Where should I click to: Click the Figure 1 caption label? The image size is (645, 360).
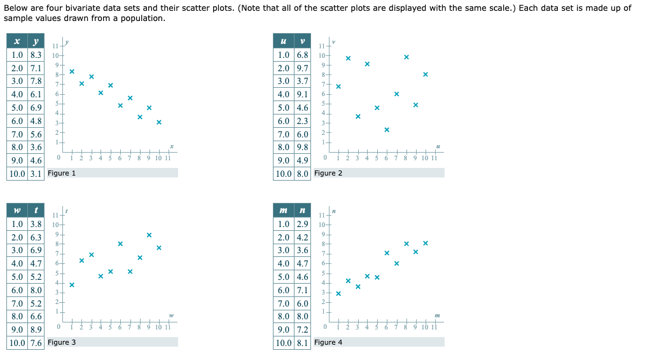click(x=62, y=173)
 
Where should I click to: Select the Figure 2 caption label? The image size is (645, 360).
click(x=328, y=173)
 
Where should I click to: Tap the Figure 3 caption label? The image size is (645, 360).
click(x=62, y=342)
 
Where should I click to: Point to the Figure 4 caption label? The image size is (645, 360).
click(x=328, y=342)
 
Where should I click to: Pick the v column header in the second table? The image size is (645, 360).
click(x=302, y=41)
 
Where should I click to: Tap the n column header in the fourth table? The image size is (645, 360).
click(x=302, y=210)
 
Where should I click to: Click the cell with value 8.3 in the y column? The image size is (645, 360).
click(x=36, y=55)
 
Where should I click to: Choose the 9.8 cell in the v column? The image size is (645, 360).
click(x=302, y=147)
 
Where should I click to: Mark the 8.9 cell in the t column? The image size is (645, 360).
click(x=36, y=329)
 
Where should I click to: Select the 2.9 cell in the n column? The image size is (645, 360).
click(x=302, y=224)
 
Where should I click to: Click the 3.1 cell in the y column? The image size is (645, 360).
click(x=36, y=174)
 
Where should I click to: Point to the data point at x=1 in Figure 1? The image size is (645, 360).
click(x=72, y=71)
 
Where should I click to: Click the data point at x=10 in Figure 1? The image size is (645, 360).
click(x=159, y=121)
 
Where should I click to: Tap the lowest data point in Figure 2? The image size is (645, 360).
click(x=387, y=130)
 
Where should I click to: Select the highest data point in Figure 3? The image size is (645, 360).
click(x=149, y=235)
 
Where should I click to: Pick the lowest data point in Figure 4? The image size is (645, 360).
click(x=338, y=293)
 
